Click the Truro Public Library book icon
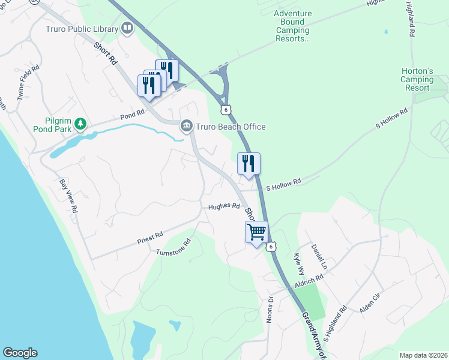click(127, 28)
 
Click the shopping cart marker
click(256, 230)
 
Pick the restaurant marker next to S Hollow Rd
click(249, 163)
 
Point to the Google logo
click(20, 353)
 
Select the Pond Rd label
click(132, 113)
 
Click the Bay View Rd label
click(68, 196)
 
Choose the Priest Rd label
click(150, 237)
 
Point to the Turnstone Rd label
click(173, 248)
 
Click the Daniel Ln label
click(319, 256)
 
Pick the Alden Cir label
click(369, 302)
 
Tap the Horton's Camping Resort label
click(417, 79)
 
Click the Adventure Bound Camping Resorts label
click(293, 26)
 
